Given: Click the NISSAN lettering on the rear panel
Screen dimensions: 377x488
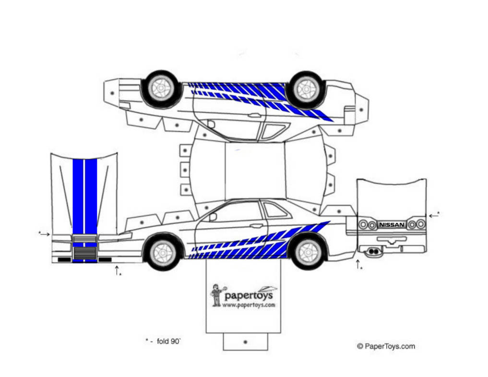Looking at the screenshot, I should (x=392, y=224).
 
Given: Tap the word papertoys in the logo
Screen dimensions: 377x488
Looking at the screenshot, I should (x=249, y=295).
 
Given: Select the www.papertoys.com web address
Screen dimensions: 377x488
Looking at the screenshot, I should (x=249, y=305).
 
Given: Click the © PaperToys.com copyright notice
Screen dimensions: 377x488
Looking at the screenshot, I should (x=385, y=346).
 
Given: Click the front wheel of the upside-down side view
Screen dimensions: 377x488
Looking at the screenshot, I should (x=161, y=88).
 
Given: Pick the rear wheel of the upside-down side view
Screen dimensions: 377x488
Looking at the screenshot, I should (x=306, y=89).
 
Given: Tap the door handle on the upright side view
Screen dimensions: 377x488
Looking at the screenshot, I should (x=256, y=226).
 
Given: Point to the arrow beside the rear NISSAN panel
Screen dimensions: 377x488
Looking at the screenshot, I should (x=434, y=216).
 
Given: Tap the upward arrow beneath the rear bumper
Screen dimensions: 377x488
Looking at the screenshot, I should (x=357, y=264).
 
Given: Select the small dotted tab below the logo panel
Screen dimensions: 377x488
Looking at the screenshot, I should (x=245, y=342).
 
